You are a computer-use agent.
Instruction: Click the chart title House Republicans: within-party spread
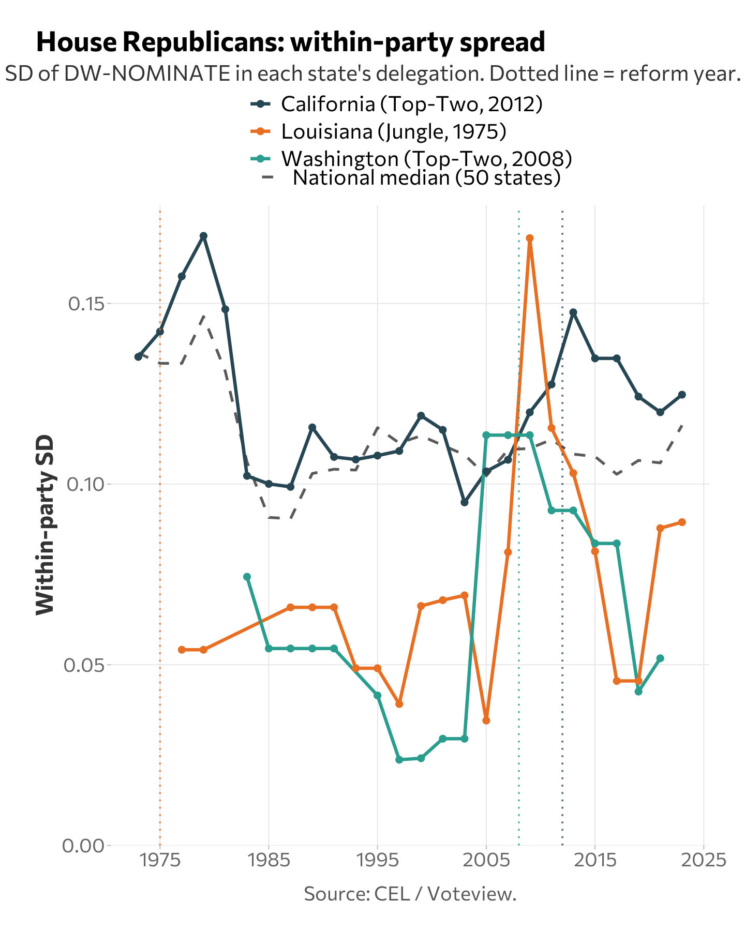click(x=290, y=42)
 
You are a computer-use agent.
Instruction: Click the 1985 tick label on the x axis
click(x=269, y=861)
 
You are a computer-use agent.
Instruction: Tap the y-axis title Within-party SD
click(x=45, y=525)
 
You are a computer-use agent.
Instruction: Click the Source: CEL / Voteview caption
click(x=410, y=894)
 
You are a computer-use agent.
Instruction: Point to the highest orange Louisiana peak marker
click(x=530, y=238)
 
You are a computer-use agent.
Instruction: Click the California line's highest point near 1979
click(x=204, y=236)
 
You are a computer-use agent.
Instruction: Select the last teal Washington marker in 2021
click(x=660, y=658)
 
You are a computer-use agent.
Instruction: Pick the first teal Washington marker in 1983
click(x=247, y=577)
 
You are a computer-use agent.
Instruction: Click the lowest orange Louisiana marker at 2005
click(x=486, y=720)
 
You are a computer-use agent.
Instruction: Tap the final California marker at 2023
click(x=682, y=395)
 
